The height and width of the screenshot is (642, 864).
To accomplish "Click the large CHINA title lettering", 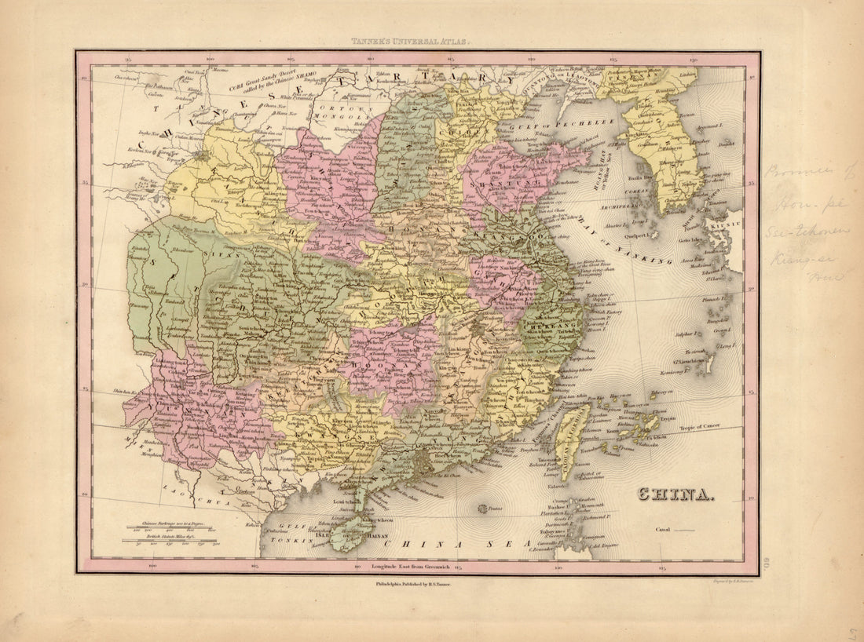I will tap(675, 494).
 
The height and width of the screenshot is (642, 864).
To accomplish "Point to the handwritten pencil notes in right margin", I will tap(801, 224).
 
